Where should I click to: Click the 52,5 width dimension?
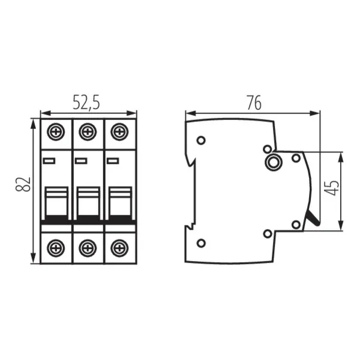coord(86,103)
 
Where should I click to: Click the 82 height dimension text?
coord(23,185)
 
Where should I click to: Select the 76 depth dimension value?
coord(253,103)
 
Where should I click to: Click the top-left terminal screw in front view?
coord(56,130)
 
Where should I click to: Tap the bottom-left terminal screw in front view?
coord(56,246)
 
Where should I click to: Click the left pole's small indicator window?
coord(49,160)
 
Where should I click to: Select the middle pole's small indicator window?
coord(81,160)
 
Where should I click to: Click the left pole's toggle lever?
coord(56,202)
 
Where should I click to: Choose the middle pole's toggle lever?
coord(88,202)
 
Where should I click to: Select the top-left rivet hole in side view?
coord(201,140)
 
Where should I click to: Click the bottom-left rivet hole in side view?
coord(201,242)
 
